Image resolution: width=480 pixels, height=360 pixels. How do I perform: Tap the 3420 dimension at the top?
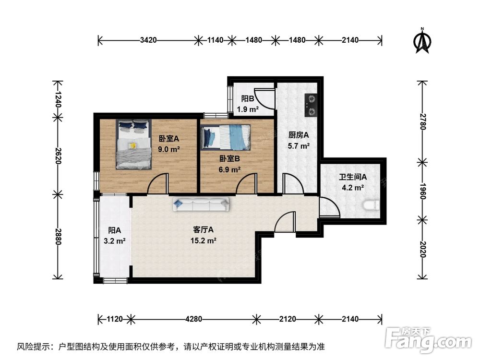pyautogui.click(x=148, y=40)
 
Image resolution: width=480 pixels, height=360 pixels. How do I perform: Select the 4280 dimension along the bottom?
pyautogui.click(x=194, y=319)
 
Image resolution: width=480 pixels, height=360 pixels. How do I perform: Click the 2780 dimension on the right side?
pyautogui.click(x=423, y=121)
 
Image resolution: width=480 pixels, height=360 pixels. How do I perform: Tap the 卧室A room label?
pyautogui.click(x=168, y=139)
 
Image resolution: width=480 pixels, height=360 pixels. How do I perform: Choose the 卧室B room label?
pyautogui.click(x=229, y=158)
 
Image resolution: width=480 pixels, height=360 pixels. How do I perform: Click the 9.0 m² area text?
pyautogui.click(x=168, y=149)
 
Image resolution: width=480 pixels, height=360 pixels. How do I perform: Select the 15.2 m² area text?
pyautogui.click(x=203, y=240)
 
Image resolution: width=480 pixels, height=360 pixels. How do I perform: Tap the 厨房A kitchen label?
pyautogui.click(x=299, y=135)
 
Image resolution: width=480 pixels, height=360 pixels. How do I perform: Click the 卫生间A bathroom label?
pyautogui.click(x=353, y=177)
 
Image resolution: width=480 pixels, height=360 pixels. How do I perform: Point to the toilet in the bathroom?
pyautogui.click(x=371, y=205)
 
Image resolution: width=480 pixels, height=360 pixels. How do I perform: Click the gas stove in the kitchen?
pyautogui.click(x=311, y=105)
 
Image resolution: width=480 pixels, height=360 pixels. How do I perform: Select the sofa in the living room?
pyautogui.click(x=201, y=204)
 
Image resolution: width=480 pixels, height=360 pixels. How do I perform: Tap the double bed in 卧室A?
pyautogui.click(x=134, y=144)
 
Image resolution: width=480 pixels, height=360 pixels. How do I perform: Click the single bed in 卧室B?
pyautogui.click(x=225, y=137)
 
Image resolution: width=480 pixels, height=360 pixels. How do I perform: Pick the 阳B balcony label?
pyautogui.click(x=248, y=98)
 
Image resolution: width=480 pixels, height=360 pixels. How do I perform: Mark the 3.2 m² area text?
pyautogui.click(x=115, y=241)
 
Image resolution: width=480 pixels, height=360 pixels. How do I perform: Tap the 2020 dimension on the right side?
pyautogui.click(x=423, y=250)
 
